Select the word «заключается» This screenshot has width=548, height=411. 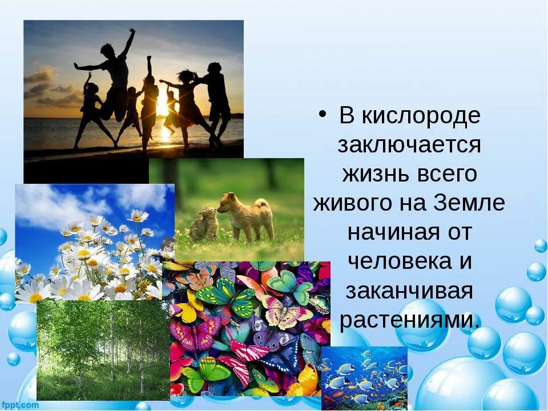(409, 145)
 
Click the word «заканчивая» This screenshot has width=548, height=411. (409, 292)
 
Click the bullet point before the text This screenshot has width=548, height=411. (323, 114)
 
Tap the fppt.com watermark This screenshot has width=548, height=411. (20, 405)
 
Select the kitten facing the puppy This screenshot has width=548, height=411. (204, 224)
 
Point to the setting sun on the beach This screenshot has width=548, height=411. (163, 108)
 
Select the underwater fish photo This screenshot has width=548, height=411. (364, 378)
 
